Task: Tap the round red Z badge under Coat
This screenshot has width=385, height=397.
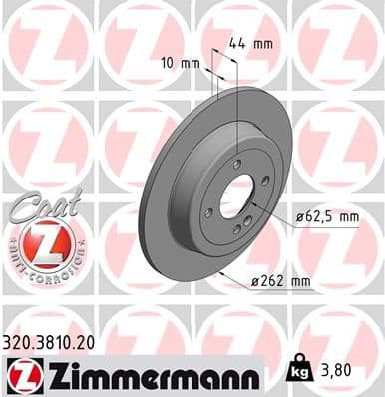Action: pyautogui.click(x=41, y=243)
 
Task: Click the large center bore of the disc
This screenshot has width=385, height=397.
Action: pyautogui.click(x=235, y=197)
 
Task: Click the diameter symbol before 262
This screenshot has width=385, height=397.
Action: pyautogui.click(x=255, y=282)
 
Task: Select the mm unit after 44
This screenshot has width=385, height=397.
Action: pyautogui.click(x=264, y=43)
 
